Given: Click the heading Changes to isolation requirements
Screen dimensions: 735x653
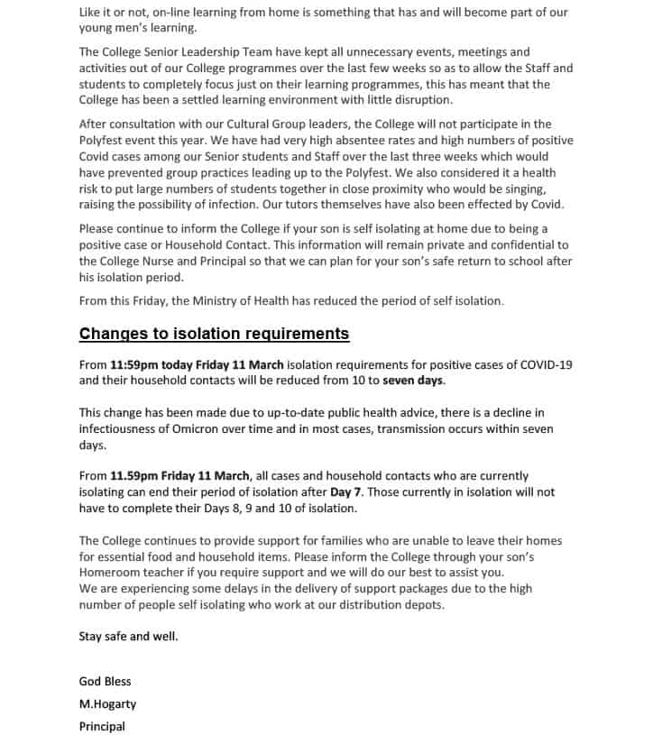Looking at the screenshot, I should (x=214, y=334).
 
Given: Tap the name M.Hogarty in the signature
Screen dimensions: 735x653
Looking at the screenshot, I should (x=107, y=703).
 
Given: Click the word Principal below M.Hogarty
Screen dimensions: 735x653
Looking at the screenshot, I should (x=102, y=726).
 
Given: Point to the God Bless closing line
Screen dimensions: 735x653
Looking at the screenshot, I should (x=105, y=681).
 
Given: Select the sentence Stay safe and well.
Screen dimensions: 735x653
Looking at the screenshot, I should (x=128, y=636).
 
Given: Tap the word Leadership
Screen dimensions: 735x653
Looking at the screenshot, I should (x=215, y=52).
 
